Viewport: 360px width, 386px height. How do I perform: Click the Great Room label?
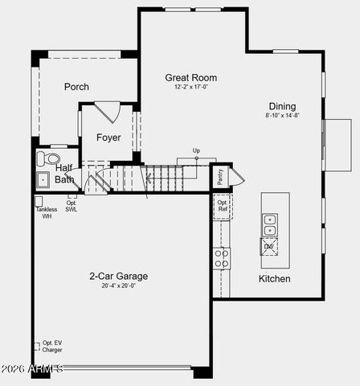click(x=191, y=78)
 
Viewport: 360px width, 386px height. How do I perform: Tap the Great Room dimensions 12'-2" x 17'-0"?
click(x=191, y=87)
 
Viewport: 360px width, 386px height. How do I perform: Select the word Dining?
click(x=282, y=106)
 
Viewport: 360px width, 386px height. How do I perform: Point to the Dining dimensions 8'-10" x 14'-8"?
click(x=282, y=115)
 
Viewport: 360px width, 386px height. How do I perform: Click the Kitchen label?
click(x=274, y=279)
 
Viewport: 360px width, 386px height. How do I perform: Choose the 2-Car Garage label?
click(x=118, y=276)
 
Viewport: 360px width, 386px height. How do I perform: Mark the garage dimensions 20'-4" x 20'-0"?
click(x=118, y=285)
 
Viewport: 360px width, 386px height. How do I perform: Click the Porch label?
click(x=76, y=87)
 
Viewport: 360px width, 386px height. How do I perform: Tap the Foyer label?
click(x=108, y=138)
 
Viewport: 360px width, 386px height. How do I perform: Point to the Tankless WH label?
click(x=46, y=213)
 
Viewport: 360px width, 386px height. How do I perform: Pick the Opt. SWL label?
click(x=72, y=206)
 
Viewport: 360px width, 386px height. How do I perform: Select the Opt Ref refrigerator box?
click(x=222, y=206)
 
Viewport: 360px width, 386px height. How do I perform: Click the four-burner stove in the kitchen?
click(x=221, y=258)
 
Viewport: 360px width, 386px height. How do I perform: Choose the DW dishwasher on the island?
click(x=269, y=247)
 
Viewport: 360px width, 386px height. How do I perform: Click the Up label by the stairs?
click(x=196, y=150)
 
